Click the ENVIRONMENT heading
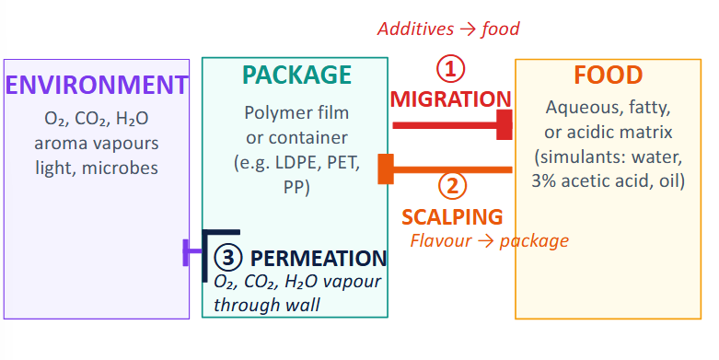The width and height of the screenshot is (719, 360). (97, 85)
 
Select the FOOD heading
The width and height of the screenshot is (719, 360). (608, 75)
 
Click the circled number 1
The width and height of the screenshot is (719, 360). (451, 69)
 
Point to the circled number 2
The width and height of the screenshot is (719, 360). (451, 187)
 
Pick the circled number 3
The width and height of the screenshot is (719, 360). (227, 257)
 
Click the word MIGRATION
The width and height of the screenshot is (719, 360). (450, 99)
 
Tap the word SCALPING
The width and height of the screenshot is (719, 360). (452, 216)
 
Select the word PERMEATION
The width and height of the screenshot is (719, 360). (319, 259)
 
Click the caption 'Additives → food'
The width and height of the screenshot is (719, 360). (448, 29)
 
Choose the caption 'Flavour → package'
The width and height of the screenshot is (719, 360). (489, 241)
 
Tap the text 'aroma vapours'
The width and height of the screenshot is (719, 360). (97, 144)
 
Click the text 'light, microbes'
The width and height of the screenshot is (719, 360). (97, 168)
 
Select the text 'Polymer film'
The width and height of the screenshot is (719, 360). (296, 113)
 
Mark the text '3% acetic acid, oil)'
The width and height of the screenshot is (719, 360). (608, 180)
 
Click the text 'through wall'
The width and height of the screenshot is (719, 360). (267, 304)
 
